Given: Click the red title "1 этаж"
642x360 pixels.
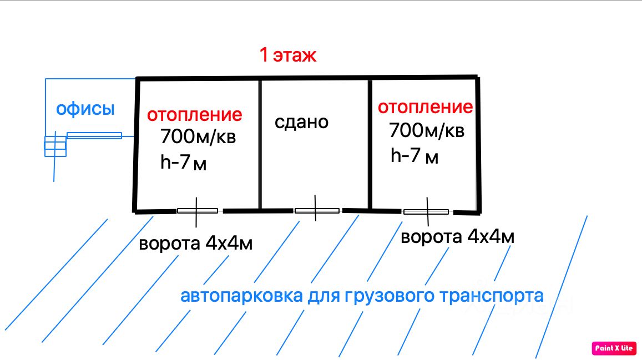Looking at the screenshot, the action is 287,55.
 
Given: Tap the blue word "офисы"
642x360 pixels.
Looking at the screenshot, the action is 85,109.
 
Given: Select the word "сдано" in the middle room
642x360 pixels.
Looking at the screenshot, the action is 301,121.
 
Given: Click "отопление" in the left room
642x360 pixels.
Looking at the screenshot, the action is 194,115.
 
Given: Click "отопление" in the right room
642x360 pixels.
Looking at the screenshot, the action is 425,107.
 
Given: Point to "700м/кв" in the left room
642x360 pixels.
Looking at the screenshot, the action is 198,136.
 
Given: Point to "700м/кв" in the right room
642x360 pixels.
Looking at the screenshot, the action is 426,131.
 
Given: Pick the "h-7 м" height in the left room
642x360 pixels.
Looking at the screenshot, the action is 183,163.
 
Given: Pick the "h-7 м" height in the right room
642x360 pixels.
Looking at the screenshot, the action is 414,156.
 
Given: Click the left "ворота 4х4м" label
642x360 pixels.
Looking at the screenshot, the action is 195,244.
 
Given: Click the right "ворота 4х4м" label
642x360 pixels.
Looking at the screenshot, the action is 457,237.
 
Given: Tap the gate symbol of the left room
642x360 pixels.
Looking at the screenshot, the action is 197,211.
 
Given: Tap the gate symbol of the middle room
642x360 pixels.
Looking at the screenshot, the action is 316,211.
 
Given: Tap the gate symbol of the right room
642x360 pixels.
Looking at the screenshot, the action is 426,211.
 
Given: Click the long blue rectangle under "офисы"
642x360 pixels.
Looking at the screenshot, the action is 94,135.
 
